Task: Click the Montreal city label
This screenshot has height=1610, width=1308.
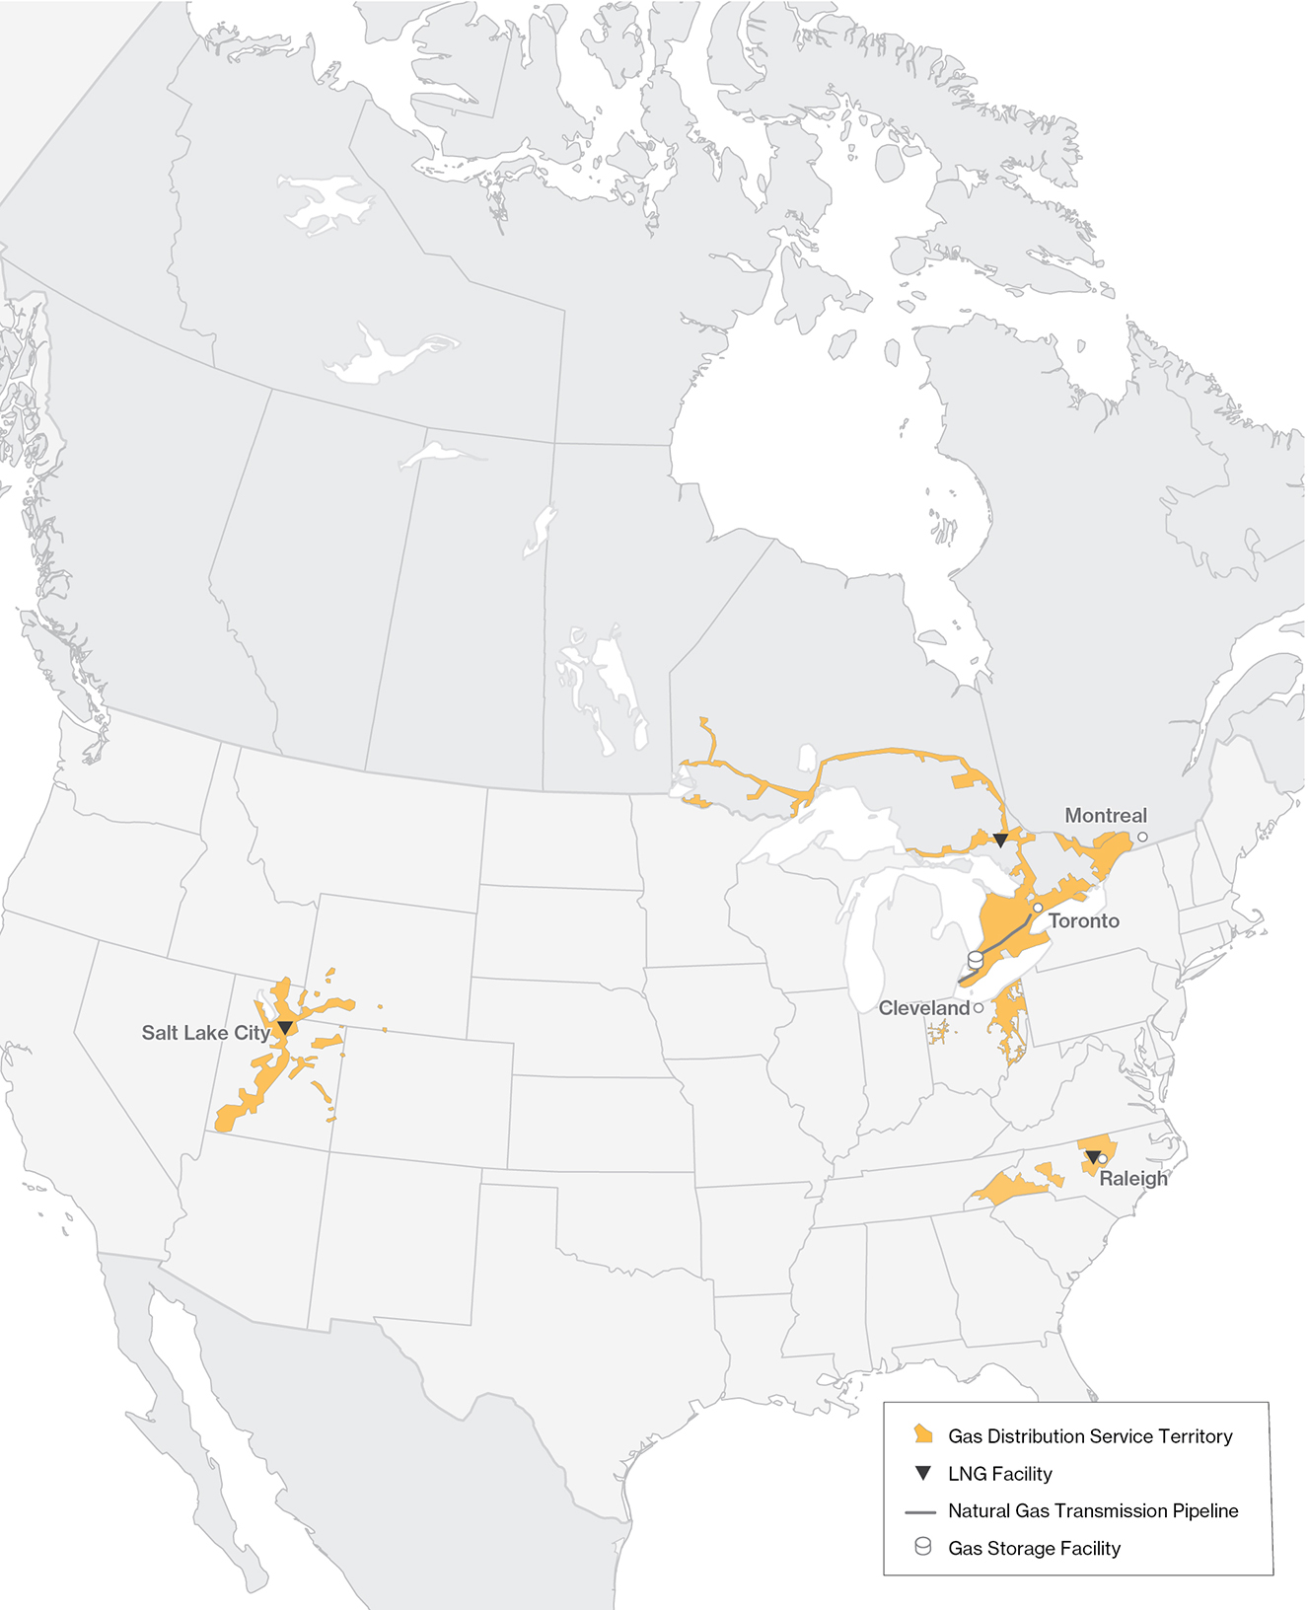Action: [x=1106, y=816]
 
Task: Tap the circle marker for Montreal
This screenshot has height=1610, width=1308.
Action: [x=1142, y=837]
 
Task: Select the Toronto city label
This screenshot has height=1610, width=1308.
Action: [x=1083, y=921]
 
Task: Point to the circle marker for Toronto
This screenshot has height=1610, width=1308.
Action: [x=1038, y=908]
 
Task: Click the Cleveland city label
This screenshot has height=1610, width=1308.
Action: [x=924, y=1008]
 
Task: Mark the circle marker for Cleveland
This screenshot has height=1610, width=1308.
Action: [x=978, y=1008]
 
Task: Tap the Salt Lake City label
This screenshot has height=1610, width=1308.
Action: [x=205, y=1033]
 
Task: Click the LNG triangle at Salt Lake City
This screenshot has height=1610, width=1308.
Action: [x=285, y=1028]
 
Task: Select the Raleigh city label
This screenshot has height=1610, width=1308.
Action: [x=1133, y=1179]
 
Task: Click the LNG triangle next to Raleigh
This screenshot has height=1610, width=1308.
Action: [x=1092, y=1156]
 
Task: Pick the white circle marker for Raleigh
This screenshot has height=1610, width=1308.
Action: [x=1103, y=1159]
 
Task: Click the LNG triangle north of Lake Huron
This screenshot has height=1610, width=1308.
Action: [x=1000, y=841]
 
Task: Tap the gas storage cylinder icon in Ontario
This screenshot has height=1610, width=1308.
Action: [x=976, y=959]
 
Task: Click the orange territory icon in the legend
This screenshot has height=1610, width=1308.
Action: [x=923, y=1434]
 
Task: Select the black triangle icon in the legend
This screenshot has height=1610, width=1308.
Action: [x=923, y=1473]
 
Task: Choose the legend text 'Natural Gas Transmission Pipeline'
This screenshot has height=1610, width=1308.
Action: [x=1093, y=1511]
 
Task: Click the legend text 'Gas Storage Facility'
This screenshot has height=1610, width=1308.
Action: [x=1034, y=1549]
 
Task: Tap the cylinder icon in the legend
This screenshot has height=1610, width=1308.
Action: [x=923, y=1547]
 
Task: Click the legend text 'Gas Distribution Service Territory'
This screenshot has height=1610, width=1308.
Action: [x=1090, y=1436]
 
